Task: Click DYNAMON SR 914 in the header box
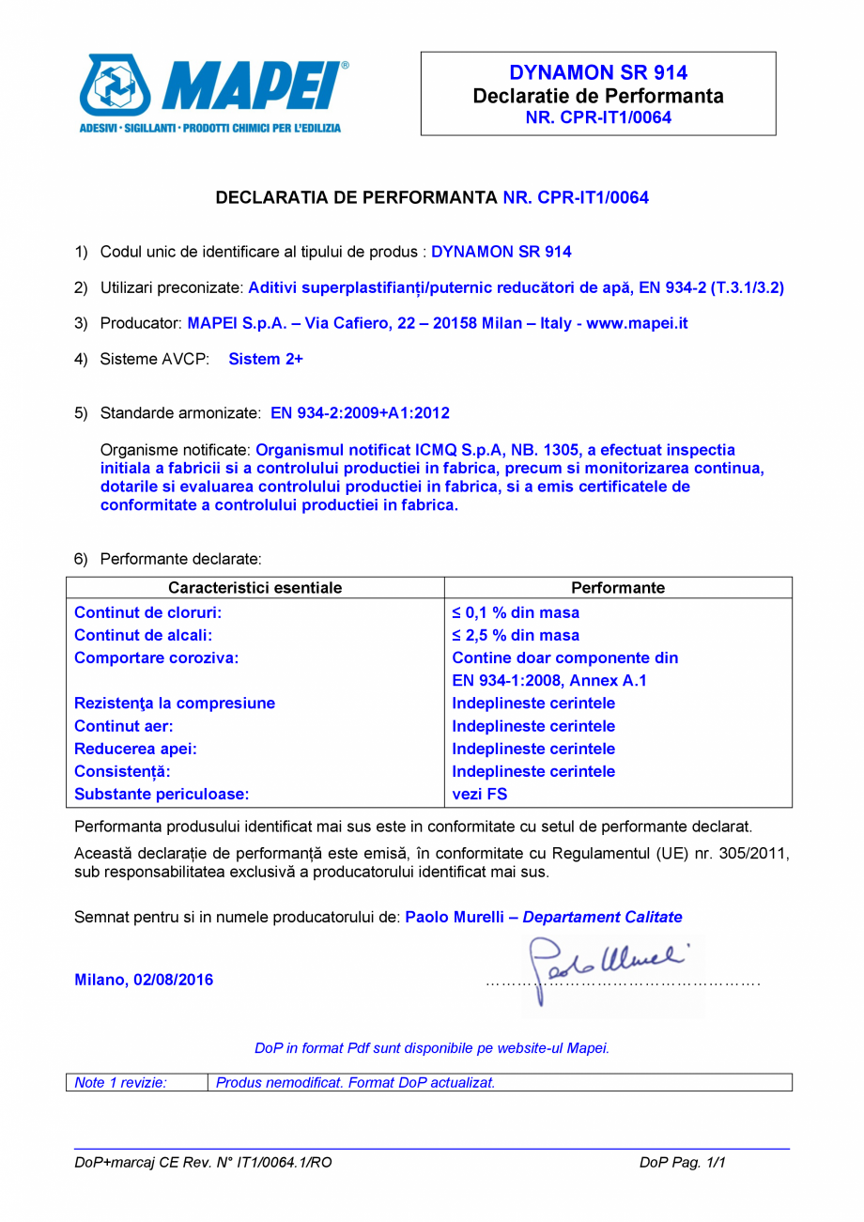pyautogui.click(x=598, y=73)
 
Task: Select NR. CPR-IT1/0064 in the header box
pyautogui.click(x=598, y=118)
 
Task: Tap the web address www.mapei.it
pyautogui.click(x=638, y=323)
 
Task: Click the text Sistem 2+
pyautogui.click(x=266, y=359)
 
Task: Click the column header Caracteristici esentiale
pyautogui.click(x=255, y=588)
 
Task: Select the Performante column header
pyautogui.click(x=617, y=588)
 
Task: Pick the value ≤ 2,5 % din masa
pyautogui.click(x=516, y=635)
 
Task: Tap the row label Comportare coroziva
pyautogui.click(x=156, y=657)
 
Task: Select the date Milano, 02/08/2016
pyautogui.click(x=144, y=980)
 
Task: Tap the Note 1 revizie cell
pyautogui.click(x=120, y=1082)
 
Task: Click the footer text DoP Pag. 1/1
pyautogui.click(x=683, y=1162)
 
